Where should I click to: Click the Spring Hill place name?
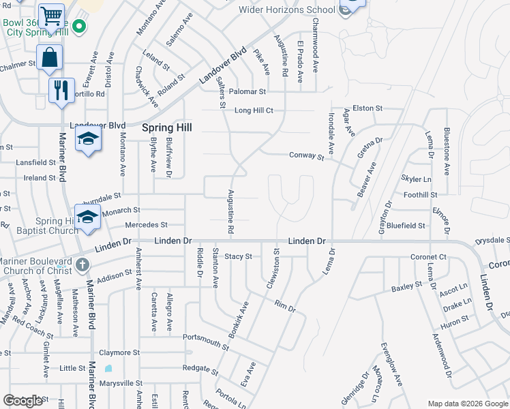coord(166,127)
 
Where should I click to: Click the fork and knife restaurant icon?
coord(61,90)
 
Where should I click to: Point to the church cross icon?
coord(81,264)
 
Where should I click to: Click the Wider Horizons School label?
coord(287,10)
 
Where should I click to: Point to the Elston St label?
coord(367,108)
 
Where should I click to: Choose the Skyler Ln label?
coord(417,179)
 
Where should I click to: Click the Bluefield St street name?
coord(406,225)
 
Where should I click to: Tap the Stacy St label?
coord(239,256)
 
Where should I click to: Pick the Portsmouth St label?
coord(206,338)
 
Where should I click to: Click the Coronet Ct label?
coord(428,257)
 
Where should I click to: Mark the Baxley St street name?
coord(408,288)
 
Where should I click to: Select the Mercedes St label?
coord(146,224)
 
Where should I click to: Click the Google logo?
coord(23,401)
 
